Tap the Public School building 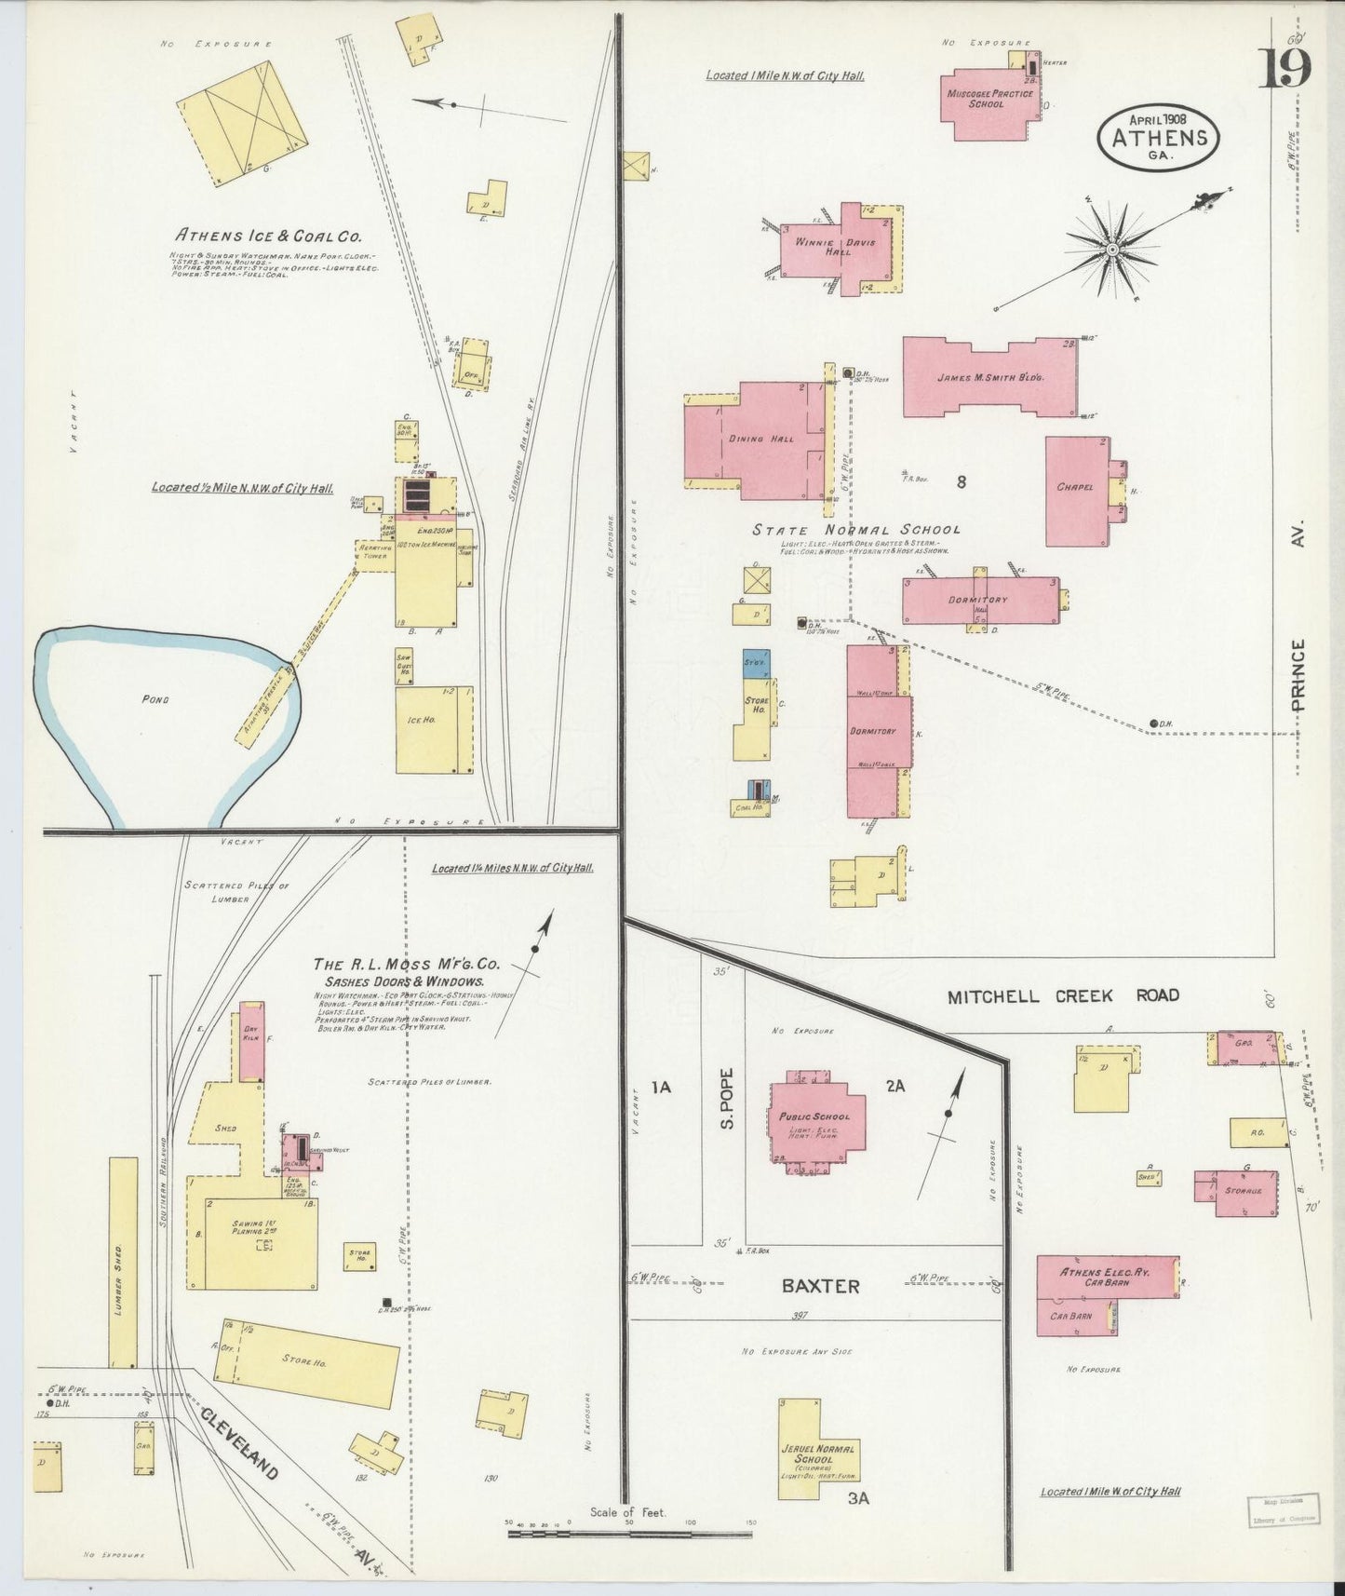point(808,1117)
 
